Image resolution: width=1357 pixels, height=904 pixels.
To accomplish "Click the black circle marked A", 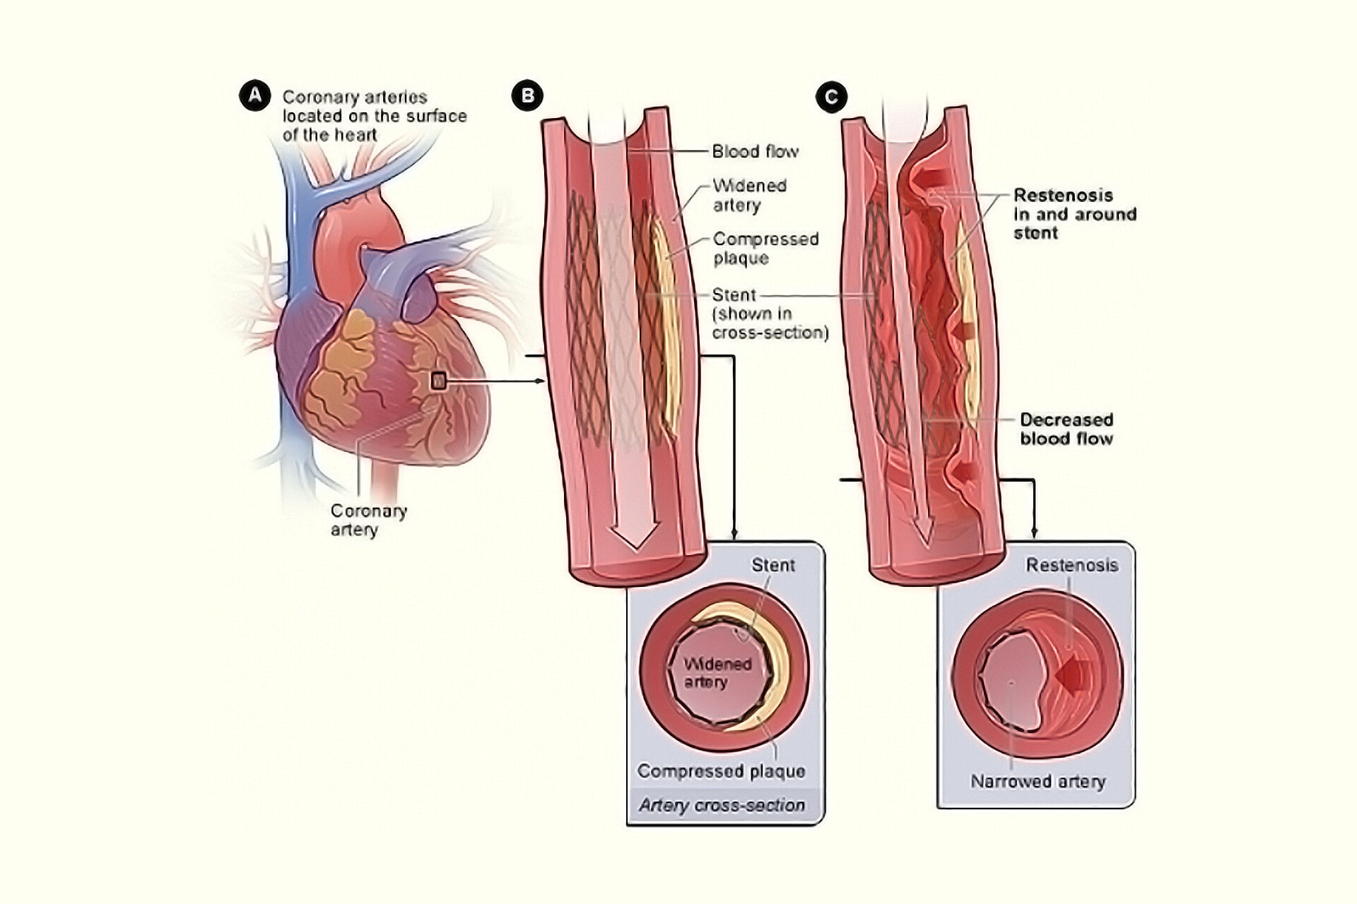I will tap(254, 95).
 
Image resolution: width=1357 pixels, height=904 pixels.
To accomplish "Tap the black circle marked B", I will tap(527, 95).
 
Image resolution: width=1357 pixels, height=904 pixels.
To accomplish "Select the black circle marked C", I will tap(831, 96).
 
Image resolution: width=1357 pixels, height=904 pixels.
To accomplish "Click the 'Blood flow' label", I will tap(755, 151).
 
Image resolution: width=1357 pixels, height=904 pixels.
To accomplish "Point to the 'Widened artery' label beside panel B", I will tap(748, 195).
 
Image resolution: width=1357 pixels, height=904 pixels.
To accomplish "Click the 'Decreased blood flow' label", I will tap(1066, 429).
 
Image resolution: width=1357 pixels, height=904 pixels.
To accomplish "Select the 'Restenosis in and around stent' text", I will tap(1074, 214).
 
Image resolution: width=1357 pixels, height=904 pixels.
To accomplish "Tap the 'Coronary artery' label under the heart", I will tap(368, 520).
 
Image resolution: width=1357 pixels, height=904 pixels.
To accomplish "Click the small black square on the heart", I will tap(439, 381).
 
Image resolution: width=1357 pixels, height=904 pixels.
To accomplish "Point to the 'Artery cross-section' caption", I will tap(722, 805).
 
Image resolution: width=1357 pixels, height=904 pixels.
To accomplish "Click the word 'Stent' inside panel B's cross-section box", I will tap(773, 565).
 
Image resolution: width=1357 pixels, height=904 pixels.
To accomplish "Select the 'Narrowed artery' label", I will tap(1038, 781).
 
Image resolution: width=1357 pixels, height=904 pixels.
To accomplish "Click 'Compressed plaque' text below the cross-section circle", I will tap(721, 771).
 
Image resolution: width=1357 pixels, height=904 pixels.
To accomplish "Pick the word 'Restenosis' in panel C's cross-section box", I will tap(1071, 565).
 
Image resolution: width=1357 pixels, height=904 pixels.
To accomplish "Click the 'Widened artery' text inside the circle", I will tap(717, 672).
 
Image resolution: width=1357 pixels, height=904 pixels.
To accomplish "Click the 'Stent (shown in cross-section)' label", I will tap(769, 314).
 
